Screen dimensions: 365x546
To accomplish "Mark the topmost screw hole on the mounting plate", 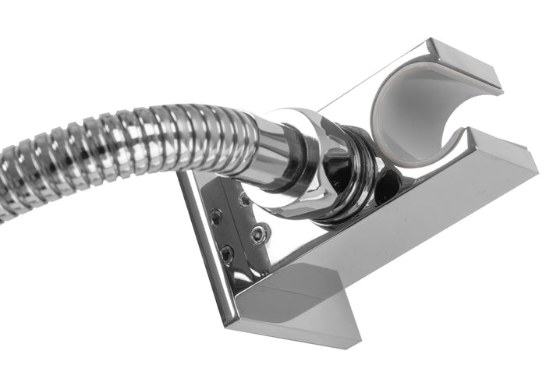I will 243,200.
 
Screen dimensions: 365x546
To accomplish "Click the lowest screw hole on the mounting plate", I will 227,253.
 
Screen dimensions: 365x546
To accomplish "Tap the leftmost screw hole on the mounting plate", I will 215,218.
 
